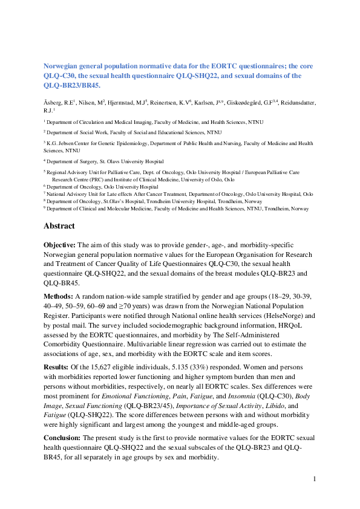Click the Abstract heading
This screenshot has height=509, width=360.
[59, 225]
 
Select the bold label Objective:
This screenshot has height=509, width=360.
[62, 244]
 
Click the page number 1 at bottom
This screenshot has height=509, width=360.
[315, 479]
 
